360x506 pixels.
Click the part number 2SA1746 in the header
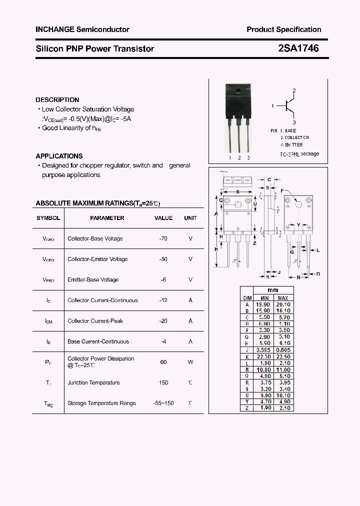(298, 48)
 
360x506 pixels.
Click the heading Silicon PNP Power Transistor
(94, 49)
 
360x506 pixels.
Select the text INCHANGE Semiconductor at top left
(82, 29)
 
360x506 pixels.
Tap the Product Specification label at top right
(283, 29)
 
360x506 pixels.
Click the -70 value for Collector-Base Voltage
(163, 238)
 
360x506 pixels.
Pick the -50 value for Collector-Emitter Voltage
(163, 259)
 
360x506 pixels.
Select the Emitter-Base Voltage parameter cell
(93, 279)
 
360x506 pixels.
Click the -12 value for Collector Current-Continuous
(163, 300)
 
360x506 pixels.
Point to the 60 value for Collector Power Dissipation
(163, 361)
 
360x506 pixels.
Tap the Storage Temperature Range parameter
(101, 403)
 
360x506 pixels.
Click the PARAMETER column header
(107, 218)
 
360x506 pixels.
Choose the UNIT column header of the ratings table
(190, 218)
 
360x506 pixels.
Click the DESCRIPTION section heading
(57, 99)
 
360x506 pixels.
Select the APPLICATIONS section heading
(59, 156)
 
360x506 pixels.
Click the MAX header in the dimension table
(283, 297)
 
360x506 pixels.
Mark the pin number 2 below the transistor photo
(239, 157)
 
